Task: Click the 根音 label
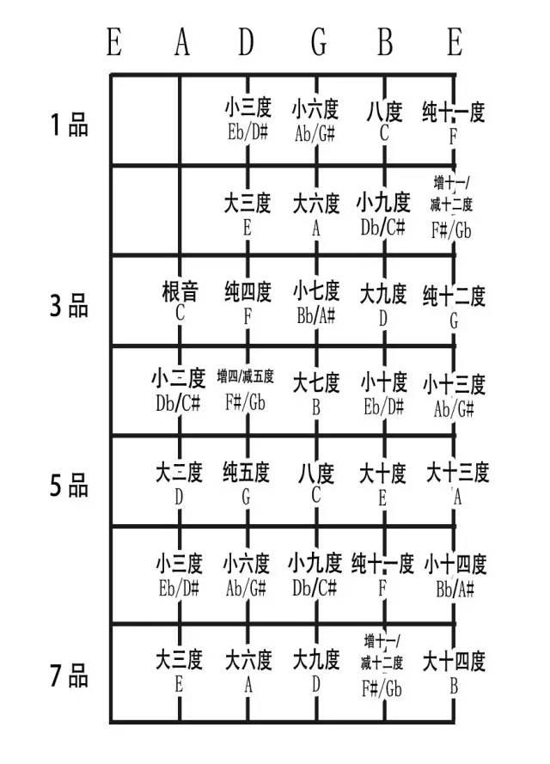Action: [x=180, y=291]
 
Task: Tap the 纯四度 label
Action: [x=247, y=291]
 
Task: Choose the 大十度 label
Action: [x=383, y=473]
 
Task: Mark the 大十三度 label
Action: [x=457, y=473]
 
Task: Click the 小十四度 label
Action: [x=455, y=565]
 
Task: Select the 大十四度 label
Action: [x=454, y=663]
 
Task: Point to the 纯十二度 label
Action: [x=454, y=296]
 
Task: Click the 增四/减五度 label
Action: [x=246, y=376]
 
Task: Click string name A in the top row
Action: [x=181, y=42]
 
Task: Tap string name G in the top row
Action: [x=318, y=42]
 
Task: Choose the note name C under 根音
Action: [x=180, y=313]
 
